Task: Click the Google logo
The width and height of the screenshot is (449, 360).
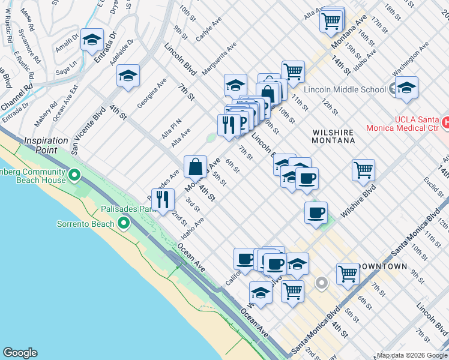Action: point(20,353)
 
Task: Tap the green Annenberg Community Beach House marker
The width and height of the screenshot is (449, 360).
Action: point(74,175)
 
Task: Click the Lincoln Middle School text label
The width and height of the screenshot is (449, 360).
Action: point(345,90)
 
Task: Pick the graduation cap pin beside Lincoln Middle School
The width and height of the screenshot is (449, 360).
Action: point(406,89)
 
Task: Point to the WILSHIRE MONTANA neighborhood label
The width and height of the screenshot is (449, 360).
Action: point(333,135)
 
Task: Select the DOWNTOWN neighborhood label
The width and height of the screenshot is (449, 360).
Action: point(382,266)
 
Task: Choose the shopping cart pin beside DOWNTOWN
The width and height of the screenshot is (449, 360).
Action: point(348,274)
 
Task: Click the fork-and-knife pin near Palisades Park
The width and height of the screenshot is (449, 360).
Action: point(163,199)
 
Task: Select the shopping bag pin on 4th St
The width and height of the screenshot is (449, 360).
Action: point(195,166)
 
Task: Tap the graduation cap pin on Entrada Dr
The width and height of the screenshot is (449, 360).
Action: point(92,40)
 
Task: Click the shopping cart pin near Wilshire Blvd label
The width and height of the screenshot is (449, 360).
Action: point(363,170)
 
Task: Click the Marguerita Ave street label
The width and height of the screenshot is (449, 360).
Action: point(219,58)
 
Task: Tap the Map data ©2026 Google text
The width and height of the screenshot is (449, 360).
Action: point(412,355)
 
